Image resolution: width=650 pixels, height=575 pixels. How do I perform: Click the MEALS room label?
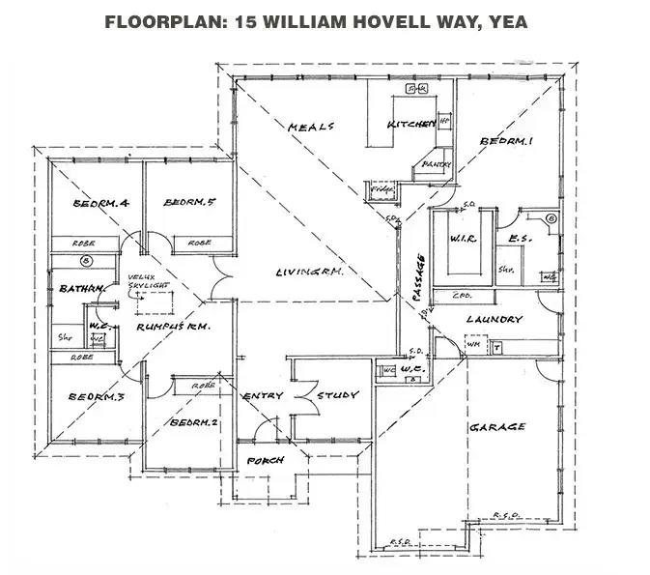pos(311,127)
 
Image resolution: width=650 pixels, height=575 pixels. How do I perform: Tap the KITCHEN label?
pos(408,126)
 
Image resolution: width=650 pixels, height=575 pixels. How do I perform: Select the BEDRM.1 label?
pos(506,142)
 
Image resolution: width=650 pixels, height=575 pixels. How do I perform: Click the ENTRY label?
pos(262,396)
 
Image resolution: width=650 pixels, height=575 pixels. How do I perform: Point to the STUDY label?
pos(337,395)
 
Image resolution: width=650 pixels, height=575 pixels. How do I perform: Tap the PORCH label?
pos(266,461)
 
